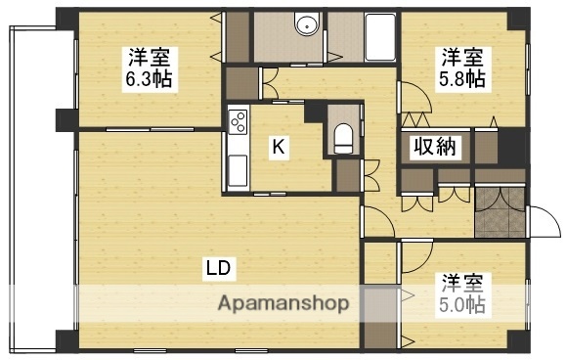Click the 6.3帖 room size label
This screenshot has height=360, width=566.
pyautogui.click(x=148, y=78)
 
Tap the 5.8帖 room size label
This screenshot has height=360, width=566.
pyautogui.click(x=462, y=77)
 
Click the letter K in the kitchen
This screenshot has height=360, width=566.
pyautogui.click(x=279, y=148)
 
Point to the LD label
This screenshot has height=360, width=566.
pyautogui.click(x=218, y=266)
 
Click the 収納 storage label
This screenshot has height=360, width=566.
pyautogui.click(x=434, y=149)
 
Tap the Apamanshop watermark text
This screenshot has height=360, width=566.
pyautogui.click(x=283, y=302)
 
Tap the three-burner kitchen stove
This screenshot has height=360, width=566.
pyautogui.click(x=238, y=122)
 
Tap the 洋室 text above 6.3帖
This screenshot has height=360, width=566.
pyautogui.click(x=148, y=56)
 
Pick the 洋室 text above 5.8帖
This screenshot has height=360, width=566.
pyautogui.click(x=462, y=56)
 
